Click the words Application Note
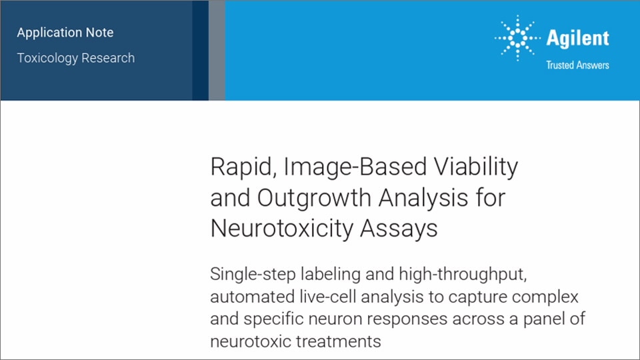pos(65,33)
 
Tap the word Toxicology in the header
pos(47,59)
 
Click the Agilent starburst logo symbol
pos(517,38)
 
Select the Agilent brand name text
pos(577,39)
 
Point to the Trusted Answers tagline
pos(577,65)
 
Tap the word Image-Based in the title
pos(355,167)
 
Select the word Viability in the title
pos(476,167)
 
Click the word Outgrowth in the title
pos(314,199)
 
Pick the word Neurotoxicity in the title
pos(281,228)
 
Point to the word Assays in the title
pos(399,229)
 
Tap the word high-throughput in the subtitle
pos(463,274)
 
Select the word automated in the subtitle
pos(252,297)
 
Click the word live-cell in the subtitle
pos(328,297)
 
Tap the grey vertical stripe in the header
pos(217,50)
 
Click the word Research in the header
pos(108,58)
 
